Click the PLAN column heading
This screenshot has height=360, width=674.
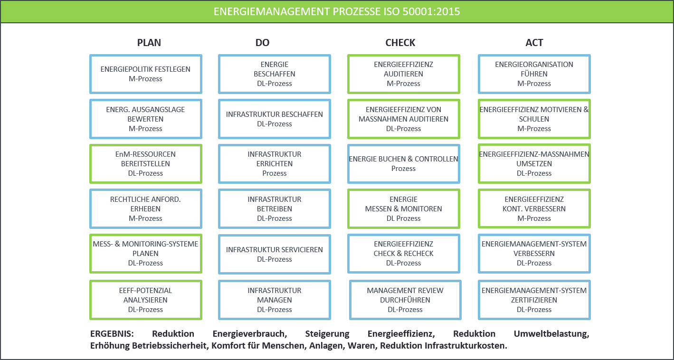149,43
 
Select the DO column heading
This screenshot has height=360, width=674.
262,43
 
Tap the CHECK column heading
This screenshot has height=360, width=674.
400,43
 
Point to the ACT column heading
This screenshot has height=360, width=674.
534,43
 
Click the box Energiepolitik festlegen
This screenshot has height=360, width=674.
146,74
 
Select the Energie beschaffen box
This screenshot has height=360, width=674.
275,74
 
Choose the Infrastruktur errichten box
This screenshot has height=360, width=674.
275,163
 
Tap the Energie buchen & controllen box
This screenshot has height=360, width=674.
403,163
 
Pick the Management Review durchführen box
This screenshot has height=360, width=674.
405,300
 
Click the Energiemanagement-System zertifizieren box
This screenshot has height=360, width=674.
534,300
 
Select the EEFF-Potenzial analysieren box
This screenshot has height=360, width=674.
146,300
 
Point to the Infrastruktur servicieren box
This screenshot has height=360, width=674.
275,254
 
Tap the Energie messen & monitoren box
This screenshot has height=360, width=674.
403,208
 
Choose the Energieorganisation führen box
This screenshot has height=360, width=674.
534,74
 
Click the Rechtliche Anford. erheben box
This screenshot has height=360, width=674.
146,208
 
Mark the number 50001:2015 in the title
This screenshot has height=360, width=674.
431,11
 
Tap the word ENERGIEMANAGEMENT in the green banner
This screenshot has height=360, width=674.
272,11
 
